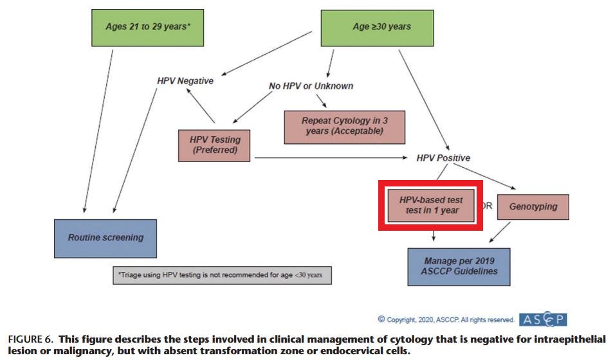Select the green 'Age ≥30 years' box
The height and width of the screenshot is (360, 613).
(381, 27)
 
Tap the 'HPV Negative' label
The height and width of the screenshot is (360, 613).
(185, 81)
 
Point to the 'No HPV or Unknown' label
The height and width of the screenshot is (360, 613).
(311, 85)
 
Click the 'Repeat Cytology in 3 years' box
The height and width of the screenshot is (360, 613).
(344, 125)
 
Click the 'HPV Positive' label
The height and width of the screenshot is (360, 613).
(443, 158)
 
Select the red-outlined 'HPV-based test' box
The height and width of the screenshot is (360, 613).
(430, 206)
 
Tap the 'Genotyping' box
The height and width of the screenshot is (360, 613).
(533, 207)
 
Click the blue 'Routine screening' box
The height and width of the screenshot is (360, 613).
(105, 238)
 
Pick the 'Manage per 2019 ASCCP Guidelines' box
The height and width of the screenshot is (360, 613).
(459, 266)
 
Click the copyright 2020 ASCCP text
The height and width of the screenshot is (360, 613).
(446, 319)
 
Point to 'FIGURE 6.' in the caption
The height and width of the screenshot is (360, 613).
(30, 338)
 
